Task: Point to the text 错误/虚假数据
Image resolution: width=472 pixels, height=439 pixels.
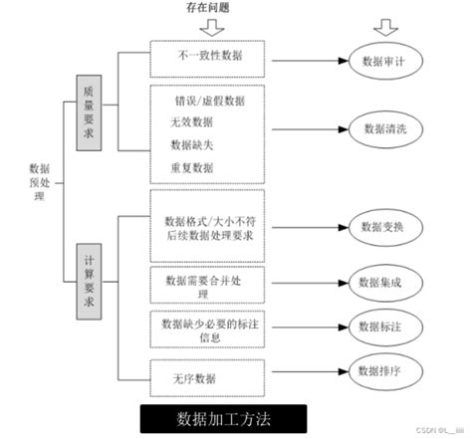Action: (208, 100)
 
